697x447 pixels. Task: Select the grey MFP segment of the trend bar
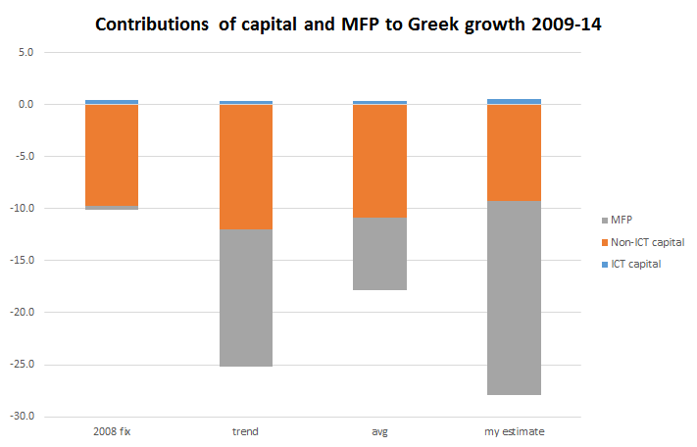(245, 297)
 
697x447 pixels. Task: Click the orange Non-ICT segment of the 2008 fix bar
(111, 155)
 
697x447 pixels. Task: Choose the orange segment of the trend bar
(245, 167)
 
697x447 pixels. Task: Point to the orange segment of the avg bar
(379, 161)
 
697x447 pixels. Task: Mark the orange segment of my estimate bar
(514, 153)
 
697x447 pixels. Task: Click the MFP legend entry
(623, 221)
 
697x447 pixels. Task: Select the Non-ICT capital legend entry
(646, 242)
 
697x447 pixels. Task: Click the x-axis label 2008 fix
(111, 431)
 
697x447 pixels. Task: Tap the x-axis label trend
(245, 431)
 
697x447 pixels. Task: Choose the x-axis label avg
(379, 431)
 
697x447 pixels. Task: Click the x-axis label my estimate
(514, 431)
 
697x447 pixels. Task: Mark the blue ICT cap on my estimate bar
(514, 101)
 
